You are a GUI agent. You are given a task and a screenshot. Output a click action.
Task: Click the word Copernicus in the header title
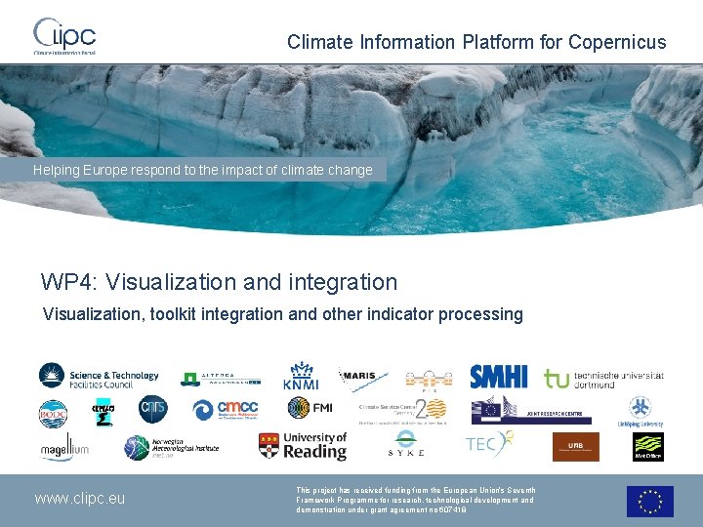pos(617,42)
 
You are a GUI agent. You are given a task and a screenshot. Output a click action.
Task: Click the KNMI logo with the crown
pos(301,377)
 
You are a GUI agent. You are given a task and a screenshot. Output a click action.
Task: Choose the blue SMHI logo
pos(498,377)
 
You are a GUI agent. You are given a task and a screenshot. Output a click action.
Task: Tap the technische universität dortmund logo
pos(603,379)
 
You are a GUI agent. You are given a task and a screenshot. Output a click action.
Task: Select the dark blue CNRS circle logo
pos(152,411)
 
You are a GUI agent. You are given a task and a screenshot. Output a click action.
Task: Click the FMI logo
pos(309,409)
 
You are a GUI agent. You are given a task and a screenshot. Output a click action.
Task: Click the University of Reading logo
pos(303,446)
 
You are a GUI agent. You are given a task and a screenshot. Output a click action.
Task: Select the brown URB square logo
pos(575,447)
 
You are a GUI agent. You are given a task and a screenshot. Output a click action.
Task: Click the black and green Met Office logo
pos(647,446)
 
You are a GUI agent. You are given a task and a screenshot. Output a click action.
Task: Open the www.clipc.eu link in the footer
pos(80,499)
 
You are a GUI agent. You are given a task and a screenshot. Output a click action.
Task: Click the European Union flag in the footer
pos(649,501)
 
